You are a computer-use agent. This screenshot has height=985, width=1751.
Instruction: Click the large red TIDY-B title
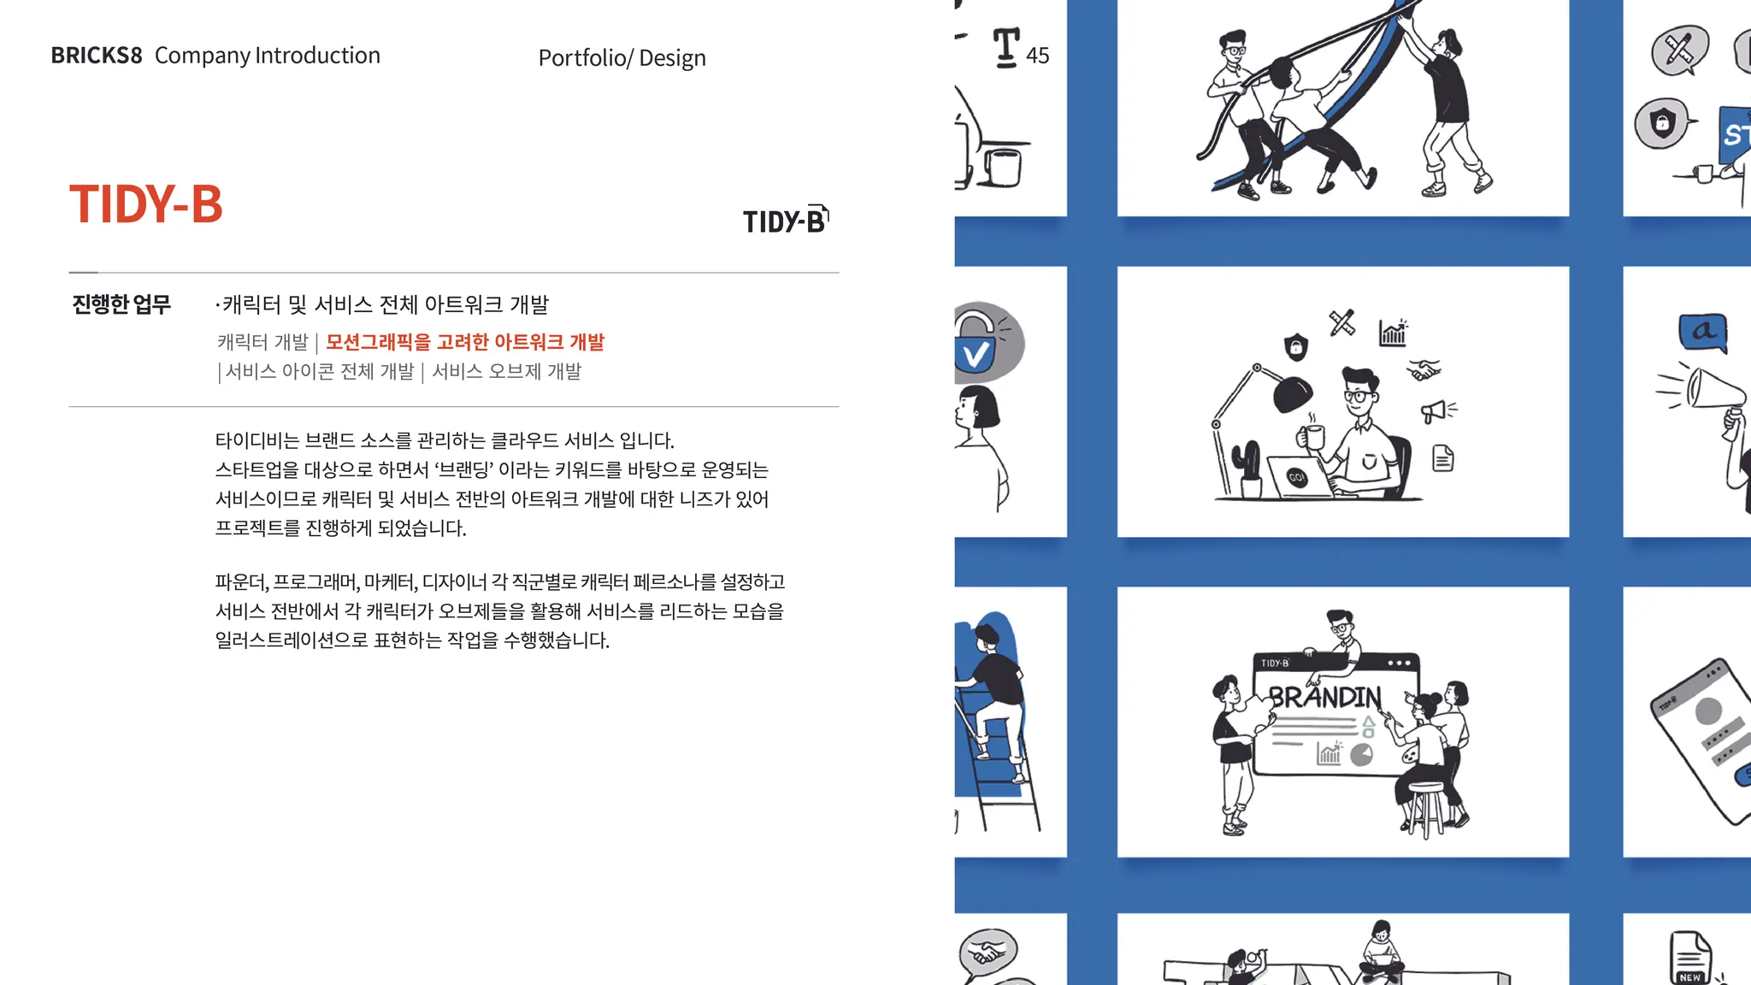pos(145,204)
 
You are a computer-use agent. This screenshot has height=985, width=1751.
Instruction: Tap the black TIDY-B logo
pos(786,220)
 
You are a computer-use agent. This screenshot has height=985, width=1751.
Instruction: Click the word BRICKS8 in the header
pos(97,56)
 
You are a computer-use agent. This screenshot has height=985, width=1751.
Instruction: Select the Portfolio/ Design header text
pos(622,58)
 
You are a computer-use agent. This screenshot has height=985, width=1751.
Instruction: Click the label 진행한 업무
pos(121,304)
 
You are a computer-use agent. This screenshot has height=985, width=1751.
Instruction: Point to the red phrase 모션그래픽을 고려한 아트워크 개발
pos(465,342)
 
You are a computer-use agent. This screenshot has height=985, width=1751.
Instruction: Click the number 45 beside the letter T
pos(1037,56)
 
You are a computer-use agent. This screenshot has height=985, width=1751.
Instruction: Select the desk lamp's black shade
pos(1292,394)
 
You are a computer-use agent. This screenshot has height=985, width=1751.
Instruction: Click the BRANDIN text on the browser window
pos(1324,698)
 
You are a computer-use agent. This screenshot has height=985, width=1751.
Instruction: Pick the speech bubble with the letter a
pos(1703,332)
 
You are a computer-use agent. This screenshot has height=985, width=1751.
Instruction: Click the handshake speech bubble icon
pos(988,953)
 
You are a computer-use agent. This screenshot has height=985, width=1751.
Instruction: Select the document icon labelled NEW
pos(1690,958)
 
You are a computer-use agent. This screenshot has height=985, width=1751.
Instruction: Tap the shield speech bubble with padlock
pos(1661,124)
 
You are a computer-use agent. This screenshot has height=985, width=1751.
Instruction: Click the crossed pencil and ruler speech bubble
pos(1679,50)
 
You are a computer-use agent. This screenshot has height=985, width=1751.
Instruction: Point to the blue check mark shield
pos(976,353)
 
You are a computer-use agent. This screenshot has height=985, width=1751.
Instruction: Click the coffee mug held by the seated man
pos(1312,436)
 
